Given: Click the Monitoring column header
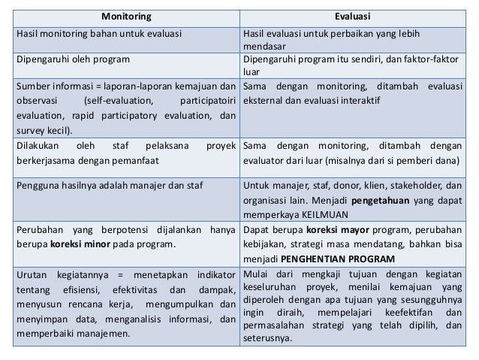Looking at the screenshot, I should pos(125,15).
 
